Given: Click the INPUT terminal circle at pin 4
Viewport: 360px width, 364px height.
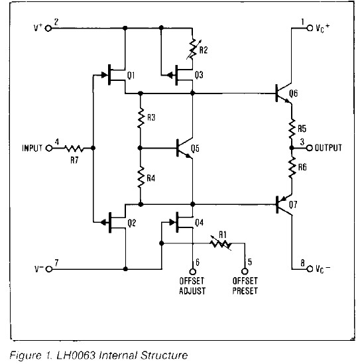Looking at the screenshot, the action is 49,148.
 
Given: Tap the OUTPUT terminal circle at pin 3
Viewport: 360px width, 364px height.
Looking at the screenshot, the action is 310,148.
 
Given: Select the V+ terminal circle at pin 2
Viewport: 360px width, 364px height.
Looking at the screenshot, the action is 48,28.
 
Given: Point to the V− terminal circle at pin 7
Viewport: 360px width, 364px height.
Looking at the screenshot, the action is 49,269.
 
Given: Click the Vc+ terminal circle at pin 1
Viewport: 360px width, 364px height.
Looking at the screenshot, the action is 310,28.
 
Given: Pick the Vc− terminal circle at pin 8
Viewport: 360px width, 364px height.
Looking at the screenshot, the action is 310,269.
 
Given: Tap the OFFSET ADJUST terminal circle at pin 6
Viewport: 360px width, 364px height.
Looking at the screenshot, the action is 193,271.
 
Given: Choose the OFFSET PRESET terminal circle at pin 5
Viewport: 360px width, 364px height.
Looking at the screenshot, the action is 245,271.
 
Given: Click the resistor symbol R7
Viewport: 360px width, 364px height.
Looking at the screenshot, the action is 74,148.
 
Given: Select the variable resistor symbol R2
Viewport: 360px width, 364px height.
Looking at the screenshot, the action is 193,49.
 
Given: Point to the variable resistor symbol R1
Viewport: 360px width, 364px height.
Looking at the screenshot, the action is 221,243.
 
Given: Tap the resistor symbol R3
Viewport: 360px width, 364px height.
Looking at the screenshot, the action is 141,118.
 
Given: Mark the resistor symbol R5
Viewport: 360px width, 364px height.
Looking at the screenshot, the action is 292,129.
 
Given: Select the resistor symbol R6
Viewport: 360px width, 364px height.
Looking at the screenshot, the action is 292,168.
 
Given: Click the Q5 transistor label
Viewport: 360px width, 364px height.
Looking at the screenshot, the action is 195,149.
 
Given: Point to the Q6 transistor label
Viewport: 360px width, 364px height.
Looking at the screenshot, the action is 293,93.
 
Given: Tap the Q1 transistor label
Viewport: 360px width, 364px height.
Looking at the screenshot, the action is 131,76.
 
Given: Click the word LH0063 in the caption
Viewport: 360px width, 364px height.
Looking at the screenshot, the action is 76,355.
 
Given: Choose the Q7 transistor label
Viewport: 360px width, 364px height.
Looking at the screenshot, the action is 293,204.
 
